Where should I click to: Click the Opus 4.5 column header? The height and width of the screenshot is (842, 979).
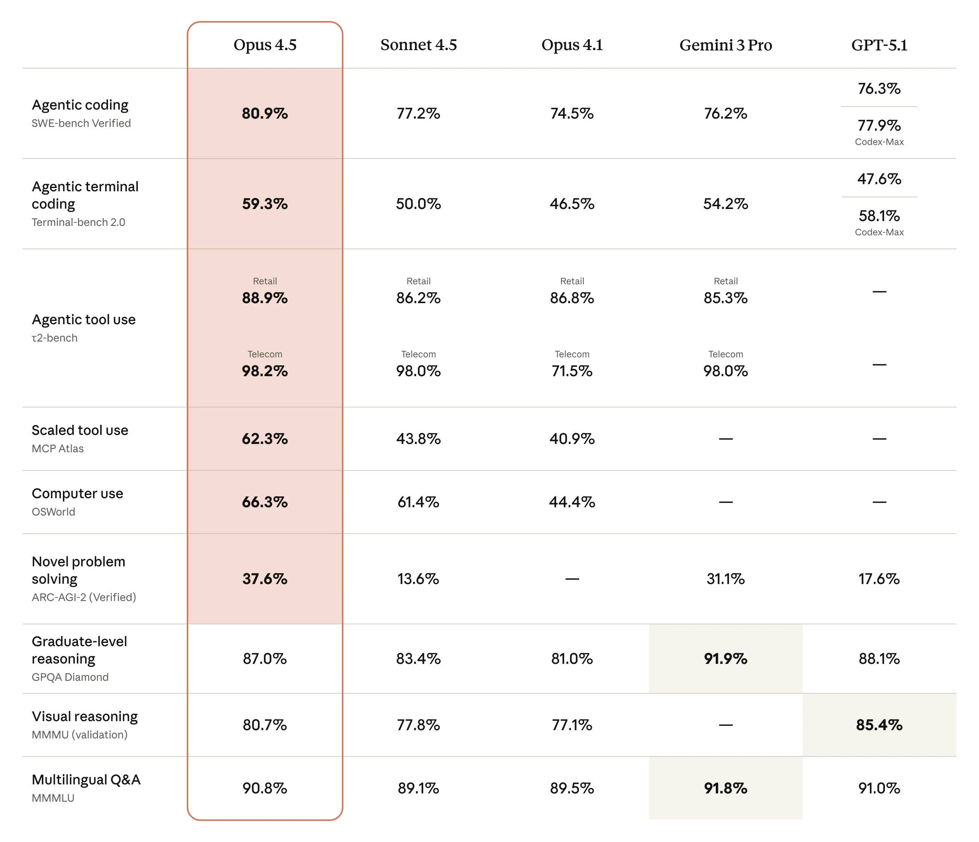(x=265, y=45)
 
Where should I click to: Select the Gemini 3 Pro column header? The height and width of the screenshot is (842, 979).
(x=725, y=45)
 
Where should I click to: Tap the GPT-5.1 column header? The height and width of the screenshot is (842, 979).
(x=879, y=45)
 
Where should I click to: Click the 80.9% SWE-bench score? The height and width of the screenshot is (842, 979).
(x=265, y=113)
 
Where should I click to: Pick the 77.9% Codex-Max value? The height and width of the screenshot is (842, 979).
(x=879, y=126)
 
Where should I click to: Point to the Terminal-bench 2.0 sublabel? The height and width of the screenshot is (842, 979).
(x=78, y=223)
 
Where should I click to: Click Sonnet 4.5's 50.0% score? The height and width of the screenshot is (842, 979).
(x=418, y=204)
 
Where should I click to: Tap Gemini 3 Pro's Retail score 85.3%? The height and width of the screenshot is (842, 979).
(x=725, y=298)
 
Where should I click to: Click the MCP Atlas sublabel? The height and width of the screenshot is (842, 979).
(x=58, y=449)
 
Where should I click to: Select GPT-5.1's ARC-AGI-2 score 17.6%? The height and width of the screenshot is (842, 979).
(x=879, y=579)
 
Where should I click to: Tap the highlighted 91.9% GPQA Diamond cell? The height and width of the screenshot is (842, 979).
(x=725, y=659)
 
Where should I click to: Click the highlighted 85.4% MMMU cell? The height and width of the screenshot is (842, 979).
(x=879, y=725)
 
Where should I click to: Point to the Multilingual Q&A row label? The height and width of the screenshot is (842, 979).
(x=86, y=779)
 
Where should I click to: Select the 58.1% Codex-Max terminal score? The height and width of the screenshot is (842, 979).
(x=879, y=216)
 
